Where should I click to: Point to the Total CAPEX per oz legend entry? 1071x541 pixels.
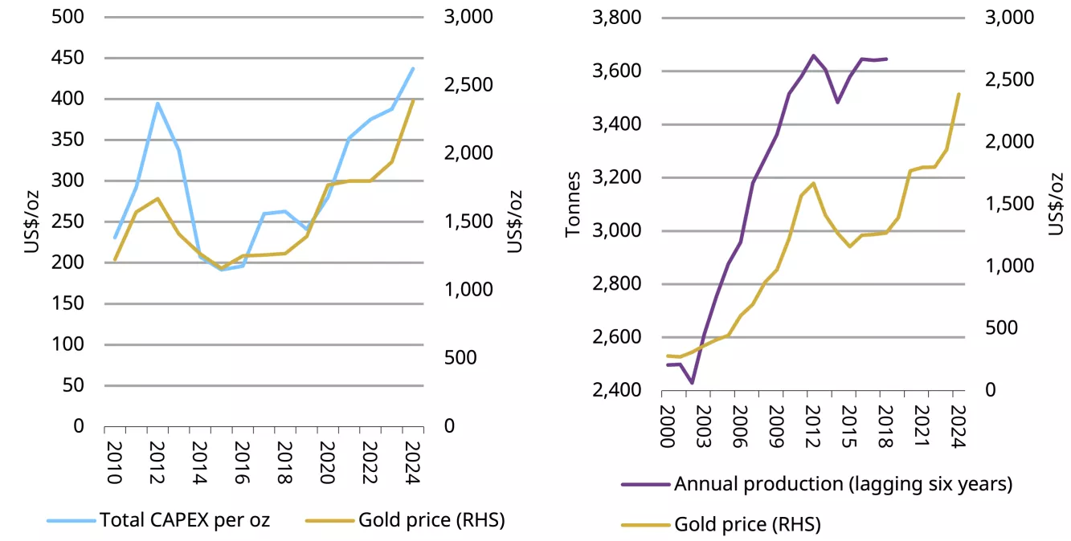click(x=184, y=520)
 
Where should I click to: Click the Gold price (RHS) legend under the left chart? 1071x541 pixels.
click(x=431, y=520)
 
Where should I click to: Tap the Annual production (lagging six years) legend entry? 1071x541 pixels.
click(x=843, y=484)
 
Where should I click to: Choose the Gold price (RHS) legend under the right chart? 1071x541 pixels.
click(x=747, y=525)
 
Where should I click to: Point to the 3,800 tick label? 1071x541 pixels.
click(x=618, y=18)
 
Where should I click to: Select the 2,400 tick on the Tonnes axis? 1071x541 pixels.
click(x=618, y=390)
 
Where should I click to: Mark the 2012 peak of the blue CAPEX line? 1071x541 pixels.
click(x=157, y=103)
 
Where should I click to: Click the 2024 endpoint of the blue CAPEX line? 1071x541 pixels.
click(x=413, y=68)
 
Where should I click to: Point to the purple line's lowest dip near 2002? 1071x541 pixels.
click(x=692, y=383)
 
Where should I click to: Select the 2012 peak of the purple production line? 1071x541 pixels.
click(x=813, y=55)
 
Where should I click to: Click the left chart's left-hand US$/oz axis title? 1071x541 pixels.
click(x=31, y=222)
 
